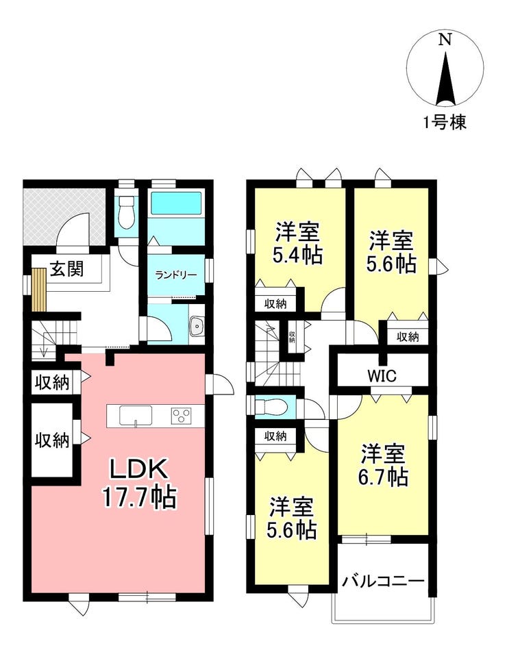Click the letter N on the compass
click(x=445, y=40)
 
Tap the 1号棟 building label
click(x=445, y=122)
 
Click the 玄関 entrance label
click(x=67, y=269)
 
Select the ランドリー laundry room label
click(x=176, y=275)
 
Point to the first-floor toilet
click(x=126, y=212)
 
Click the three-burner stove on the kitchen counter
click(x=182, y=416)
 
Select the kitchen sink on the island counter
click(x=136, y=416)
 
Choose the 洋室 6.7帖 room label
click(x=382, y=465)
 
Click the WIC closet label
click(x=382, y=376)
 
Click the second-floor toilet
click(x=271, y=406)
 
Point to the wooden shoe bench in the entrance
click(x=38, y=290)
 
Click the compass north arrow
click(x=445, y=78)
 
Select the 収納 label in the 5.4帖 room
click(x=275, y=303)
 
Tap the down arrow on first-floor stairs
click(x=44, y=350)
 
